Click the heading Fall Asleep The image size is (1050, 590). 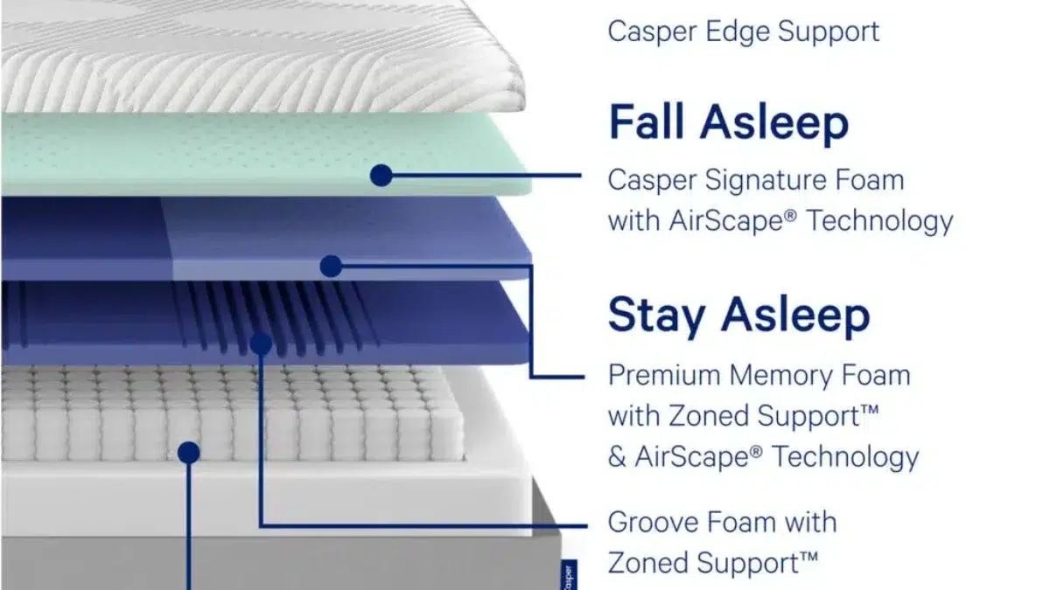pyautogui.click(x=728, y=121)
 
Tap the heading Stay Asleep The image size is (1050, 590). pyautogui.click(x=738, y=316)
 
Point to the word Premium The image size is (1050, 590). pyautogui.click(x=665, y=375)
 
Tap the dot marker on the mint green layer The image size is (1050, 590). pyautogui.click(x=381, y=175)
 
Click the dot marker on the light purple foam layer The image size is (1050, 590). pyautogui.click(x=331, y=266)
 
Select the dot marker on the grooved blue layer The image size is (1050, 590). pyautogui.click(x=261, y=344)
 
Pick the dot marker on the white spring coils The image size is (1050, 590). pyautogui.click(x=189, y=453)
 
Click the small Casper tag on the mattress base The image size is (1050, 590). pyautogui.click(x=569, y=575)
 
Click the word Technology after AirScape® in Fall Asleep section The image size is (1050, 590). pyautogui.click(x=879, y=221)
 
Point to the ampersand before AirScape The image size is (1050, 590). pyautogui.click(x=616, y=456)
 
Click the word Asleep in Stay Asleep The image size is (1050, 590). pyautogui.click(x=795, y=316)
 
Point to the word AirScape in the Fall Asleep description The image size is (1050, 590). pyautogui.click(x=732, y=220)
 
